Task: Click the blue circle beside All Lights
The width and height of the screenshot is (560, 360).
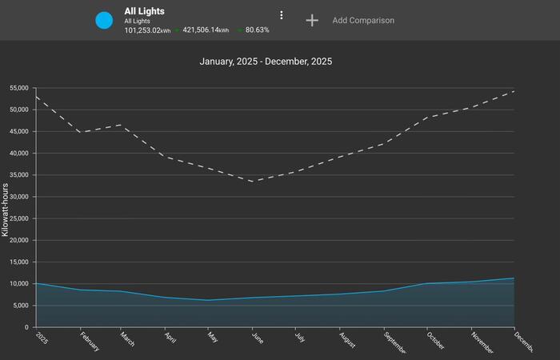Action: [x=104, y=20]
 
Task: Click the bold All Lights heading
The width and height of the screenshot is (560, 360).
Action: [x=144, y=11]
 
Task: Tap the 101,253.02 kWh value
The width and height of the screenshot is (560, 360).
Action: [x=148, y=30]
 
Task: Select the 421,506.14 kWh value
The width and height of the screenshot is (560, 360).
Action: [x=206, y=30]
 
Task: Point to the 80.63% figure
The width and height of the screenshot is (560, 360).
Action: [x=257, y=30]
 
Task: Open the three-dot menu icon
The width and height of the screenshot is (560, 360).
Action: [x=282, y=15]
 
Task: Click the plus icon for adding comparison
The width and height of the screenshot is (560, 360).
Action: [x=312, y=20]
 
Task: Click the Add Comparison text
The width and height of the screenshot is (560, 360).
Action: [x=363, y=20]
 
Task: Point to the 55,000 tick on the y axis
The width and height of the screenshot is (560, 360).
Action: [x=15, y=88]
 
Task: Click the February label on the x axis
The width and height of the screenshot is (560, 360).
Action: [x=90, y=342]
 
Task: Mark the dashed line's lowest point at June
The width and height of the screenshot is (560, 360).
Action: [x=253, y=182]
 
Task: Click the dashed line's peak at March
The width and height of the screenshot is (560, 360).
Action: [x=122, y=125]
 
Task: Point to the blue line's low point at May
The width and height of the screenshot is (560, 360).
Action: [x=209, y=300]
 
